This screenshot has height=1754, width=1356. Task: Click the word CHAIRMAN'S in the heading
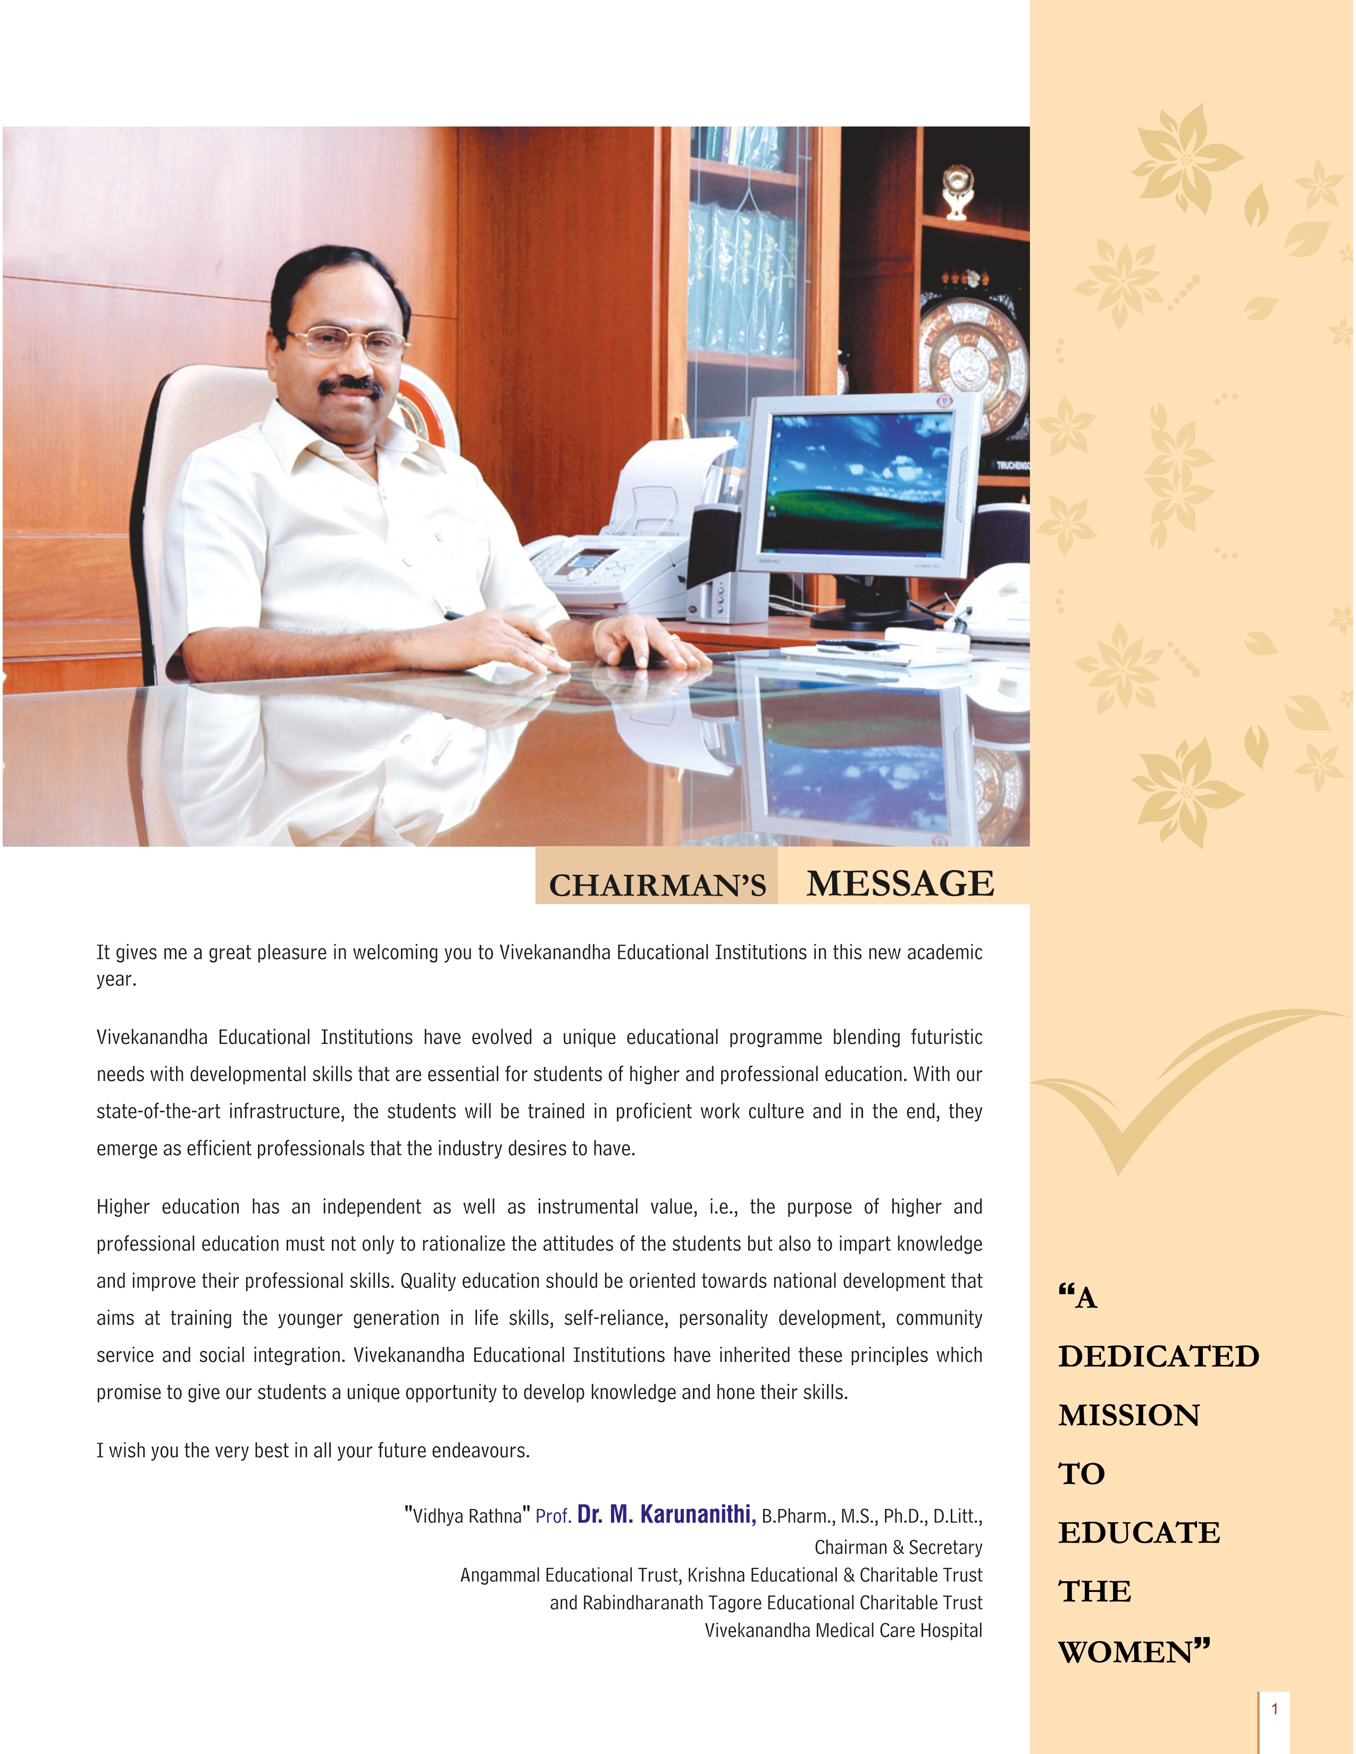point(657,885)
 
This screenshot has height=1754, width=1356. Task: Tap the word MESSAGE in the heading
point(900,883)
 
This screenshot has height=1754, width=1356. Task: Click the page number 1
point(1274,1709)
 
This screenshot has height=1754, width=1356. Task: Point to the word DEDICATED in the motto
point(1158,1356)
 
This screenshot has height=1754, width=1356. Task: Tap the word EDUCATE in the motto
point(1139,1533)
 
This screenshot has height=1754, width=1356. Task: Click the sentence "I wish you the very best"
point(313,1451)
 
